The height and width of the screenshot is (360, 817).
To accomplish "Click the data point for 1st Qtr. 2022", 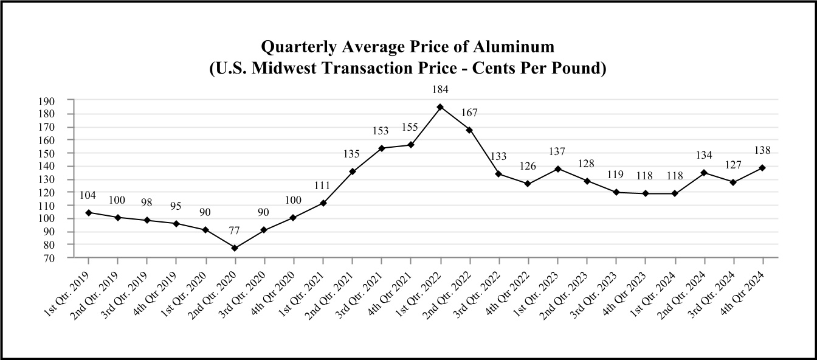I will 440,107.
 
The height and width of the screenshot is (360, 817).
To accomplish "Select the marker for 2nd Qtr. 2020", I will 235,248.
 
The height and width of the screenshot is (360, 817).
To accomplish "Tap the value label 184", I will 440,89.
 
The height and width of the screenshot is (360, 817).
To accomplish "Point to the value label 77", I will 235,230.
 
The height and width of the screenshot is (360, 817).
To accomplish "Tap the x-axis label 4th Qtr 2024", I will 743,288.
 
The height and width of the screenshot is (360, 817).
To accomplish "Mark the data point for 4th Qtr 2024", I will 762,167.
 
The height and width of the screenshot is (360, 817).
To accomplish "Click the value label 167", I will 469,112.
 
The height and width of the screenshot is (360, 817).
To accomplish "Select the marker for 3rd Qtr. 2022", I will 499,174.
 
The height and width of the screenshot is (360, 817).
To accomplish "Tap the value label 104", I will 88,195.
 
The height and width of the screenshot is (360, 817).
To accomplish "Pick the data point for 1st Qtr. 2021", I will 323,203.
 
